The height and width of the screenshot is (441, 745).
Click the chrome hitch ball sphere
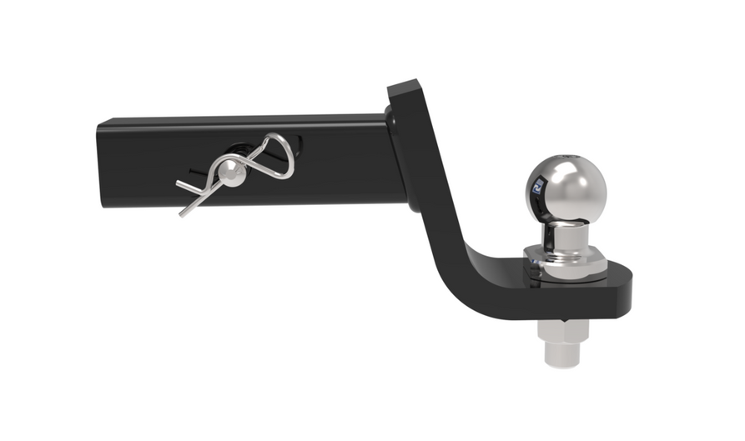[566, 183]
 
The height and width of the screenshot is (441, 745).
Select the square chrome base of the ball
[566, 258]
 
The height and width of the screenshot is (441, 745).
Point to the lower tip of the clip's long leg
[182, 213]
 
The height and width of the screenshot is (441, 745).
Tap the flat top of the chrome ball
[568, 158]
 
